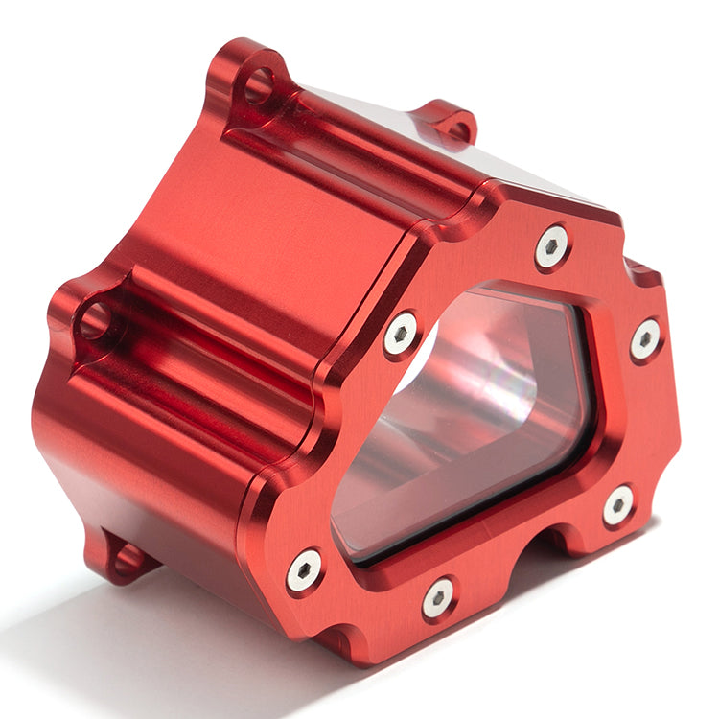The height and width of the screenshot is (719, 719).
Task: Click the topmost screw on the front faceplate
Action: click(552, 246)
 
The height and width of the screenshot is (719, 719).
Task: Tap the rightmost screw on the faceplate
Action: click(645, 338)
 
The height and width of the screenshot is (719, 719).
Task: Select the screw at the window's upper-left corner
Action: click(401, 333)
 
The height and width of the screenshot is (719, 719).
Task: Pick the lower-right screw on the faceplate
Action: click(618, 504)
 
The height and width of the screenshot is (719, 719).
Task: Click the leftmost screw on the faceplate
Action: click(304, 569)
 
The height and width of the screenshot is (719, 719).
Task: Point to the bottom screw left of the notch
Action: click(439, 597)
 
